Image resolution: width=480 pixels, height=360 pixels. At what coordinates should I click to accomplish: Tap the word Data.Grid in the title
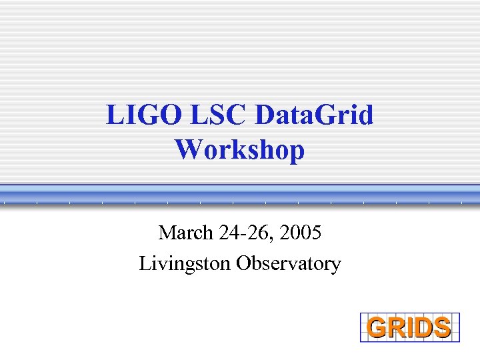pos(315,116)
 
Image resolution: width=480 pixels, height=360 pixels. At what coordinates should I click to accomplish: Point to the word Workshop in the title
pos(240,149)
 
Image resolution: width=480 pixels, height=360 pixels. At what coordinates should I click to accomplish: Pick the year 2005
pos(301,233)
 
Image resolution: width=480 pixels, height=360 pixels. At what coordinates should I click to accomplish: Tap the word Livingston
pos(185,263)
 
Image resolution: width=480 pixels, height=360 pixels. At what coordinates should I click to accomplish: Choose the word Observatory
pos(288,263)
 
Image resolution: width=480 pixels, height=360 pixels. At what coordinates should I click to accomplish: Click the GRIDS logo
pos(410,327)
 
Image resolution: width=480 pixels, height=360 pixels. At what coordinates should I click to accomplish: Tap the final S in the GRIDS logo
pos(441,328)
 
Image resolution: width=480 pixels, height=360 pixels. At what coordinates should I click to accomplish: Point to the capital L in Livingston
pos(145,263)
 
